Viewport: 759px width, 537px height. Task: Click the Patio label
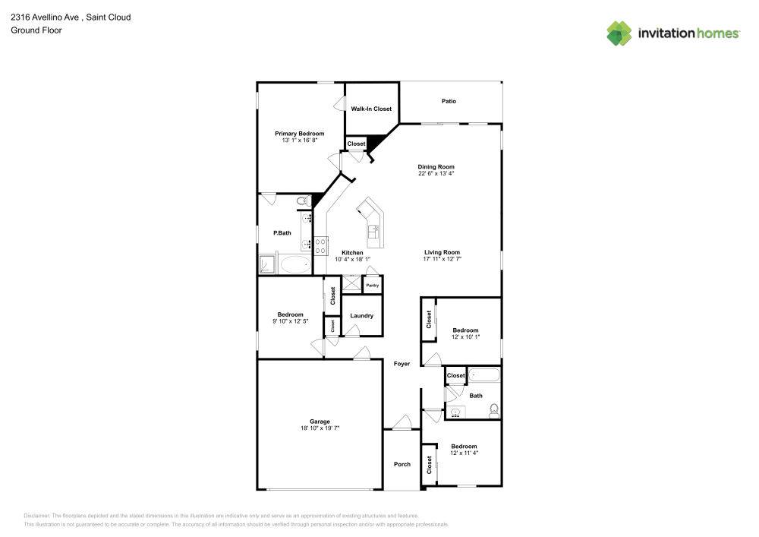click(x=449, y=101)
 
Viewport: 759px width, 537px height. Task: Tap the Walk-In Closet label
click(x=371, y=109)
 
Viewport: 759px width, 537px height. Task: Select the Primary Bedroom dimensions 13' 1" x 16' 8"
click(x=299, y=140)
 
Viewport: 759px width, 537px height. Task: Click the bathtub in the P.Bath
click(x=295, y=265)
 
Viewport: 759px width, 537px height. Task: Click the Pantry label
click(x=372, y=285)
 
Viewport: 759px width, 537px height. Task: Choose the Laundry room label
click(x=361, y=316)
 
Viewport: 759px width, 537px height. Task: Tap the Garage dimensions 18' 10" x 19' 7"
click(x=320, y=428)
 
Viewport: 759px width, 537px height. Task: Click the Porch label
click(x=402, y=464)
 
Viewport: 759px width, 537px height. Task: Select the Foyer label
click(x=402, y=364)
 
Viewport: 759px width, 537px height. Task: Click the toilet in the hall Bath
click(x=493, y=411)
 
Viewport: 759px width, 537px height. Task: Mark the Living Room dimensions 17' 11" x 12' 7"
click(x=442, y=259)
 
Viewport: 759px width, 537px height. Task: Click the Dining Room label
click(x=436, y=166)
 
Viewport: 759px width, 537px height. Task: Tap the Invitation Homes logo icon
click(x=619, y=33)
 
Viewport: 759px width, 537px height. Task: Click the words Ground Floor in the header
click(x=36, y=30)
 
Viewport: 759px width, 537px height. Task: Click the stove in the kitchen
click(x=320, y=245)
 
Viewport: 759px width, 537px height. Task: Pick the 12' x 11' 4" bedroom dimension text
click(x=464, y=453)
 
